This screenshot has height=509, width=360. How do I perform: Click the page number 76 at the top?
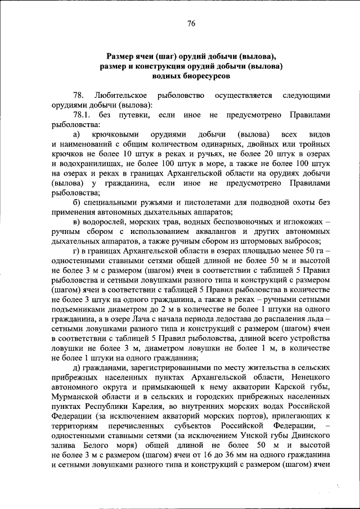pyautogui.click(x=191, y=23)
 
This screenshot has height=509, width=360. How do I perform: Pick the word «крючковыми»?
pyautogui.click(x=119, y=135)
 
